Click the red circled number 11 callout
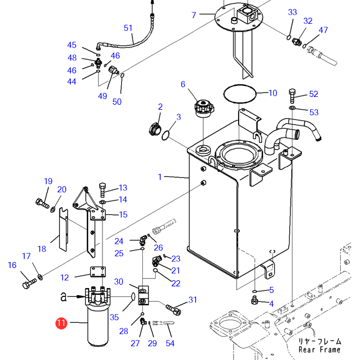tap(61, 323)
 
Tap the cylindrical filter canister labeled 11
tap(98, 325)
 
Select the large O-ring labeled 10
tap(240, 94)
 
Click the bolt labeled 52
tap(292, 96)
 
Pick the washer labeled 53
tap(292, 107)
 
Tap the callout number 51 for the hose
tap(128, 28)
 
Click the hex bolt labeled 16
tap(29, 284)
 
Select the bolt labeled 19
tap(43, 203)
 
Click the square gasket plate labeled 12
tap(98, 271)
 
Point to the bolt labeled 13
tap(102, 190)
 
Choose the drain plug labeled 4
tap(254, 300)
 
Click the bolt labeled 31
tap(173, 309)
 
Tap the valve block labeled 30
tap(144, 296)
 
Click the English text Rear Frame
tap(320, 349)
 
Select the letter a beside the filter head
tap(63, 297)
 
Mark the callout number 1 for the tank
tap(160, 177)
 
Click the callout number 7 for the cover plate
tap(194, 15)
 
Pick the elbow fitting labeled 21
tap(157, 261)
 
